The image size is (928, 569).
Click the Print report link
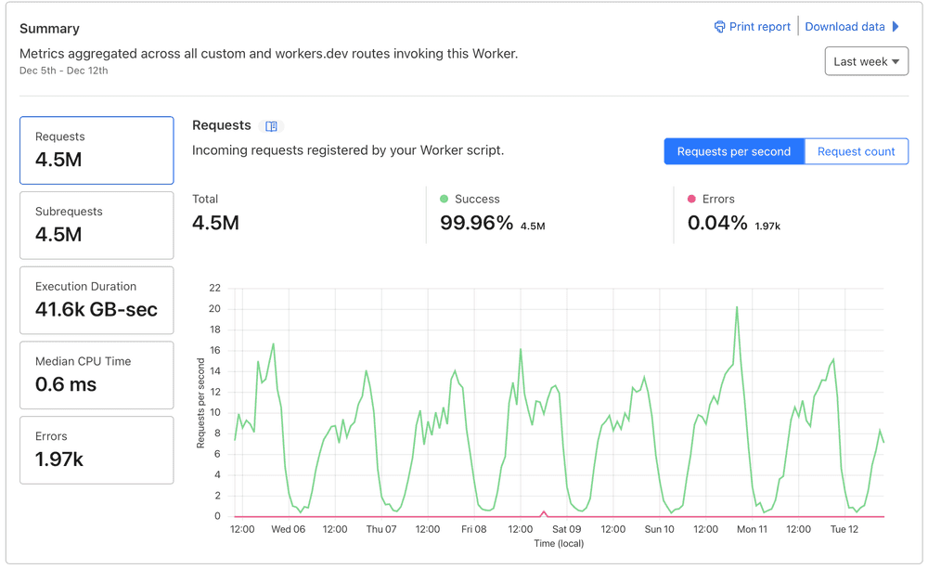[x=752, y=27]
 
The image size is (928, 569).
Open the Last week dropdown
[x=866, y=61]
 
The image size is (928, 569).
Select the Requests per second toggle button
[x=734, y=151]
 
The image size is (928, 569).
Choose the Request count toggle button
[x=856, y=151]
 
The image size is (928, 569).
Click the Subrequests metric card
[x=97, y=225]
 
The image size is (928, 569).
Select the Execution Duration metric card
[x=97, y=300]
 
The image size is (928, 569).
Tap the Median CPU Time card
[x=97, y=375]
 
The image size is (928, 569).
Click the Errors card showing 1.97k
[x=97, y=450]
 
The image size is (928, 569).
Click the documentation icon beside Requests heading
[x=272, y=126]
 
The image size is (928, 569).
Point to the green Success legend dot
[x=445, y=199]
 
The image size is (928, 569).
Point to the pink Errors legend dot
[x=691, y=199]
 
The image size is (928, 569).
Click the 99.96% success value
[x=476, y=223]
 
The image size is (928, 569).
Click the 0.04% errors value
[x=717, y=223]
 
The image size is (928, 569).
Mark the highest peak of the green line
[x=737, y=307]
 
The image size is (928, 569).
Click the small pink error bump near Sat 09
[x=544, y=512]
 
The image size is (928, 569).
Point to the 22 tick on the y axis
[x=214, y=288]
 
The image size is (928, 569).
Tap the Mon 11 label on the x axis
[x=752, y=529]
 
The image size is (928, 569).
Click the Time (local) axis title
[x=558, y=543]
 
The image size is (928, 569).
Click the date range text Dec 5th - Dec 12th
[x=64, y=71]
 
